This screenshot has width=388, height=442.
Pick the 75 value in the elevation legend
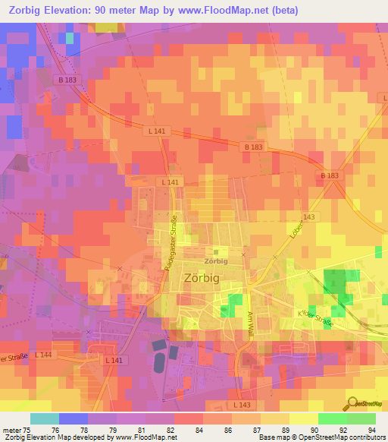(x=30, y=428)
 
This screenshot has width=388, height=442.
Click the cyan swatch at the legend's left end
(x=45, y=418)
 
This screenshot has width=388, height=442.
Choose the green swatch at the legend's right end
(x=361, y=418)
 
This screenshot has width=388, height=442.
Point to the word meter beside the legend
(x=13, y=428)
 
